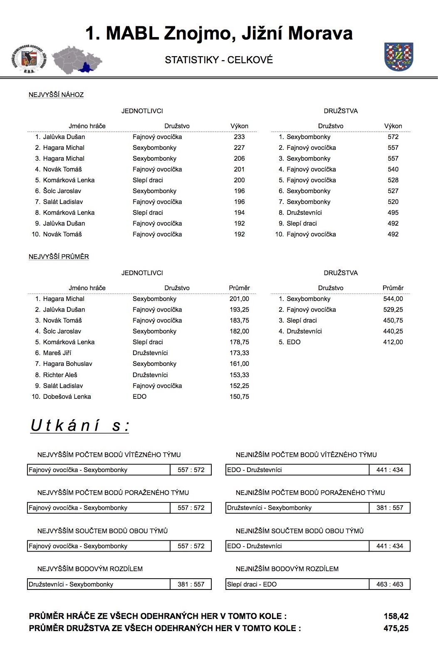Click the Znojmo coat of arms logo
tap(398, 57)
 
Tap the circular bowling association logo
tap(28, 60)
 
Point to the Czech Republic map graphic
tap(77, 60)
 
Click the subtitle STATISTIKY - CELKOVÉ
tap(219, 60)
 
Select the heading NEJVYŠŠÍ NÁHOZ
tap(56, 95)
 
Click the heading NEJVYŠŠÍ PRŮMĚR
tap(59, 257)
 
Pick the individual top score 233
tap(239, 137)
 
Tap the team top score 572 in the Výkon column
tap(393, 137)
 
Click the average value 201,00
tap(239, 299)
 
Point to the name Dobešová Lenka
tap(67, 397)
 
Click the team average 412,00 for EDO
tap(393, 342)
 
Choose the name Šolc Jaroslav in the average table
tap(62, 331)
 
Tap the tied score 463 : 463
tap(389, 584)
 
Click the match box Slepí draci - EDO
tap(297, 584)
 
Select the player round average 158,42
tap(396, 617)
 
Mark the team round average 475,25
tap(396, 629)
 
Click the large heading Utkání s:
tap(80, 425)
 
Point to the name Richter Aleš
tap(60, 375)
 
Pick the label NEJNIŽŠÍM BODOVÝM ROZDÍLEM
tap(287, 569)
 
